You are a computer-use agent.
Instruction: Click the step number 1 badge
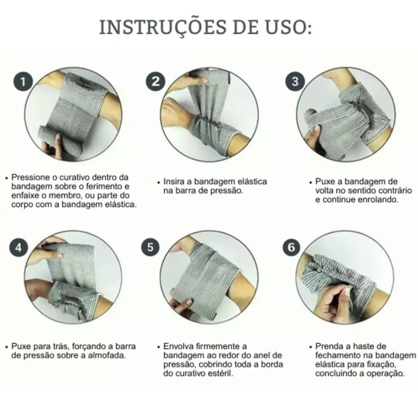coord(23,81)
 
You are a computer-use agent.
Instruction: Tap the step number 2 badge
coord(156,81)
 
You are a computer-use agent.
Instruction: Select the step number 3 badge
coord(295,81)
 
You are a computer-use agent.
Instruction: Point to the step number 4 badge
coord(19,248)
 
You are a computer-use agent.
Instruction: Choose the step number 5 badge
coord(150,247)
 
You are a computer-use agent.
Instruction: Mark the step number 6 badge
coord(291,247)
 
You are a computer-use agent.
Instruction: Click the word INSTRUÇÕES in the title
coord(163,27)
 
